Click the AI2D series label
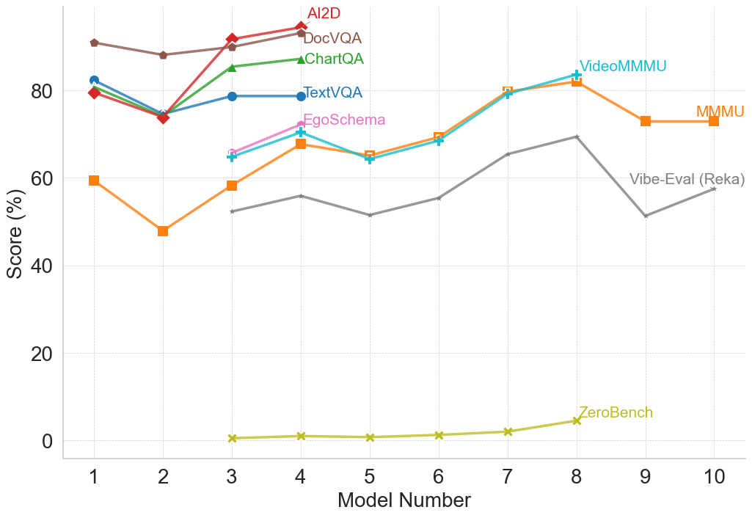(x=324, y=13)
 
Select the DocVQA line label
(x=332, y=38)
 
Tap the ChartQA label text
(x=333, y=59)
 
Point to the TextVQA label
(x=332, y=93)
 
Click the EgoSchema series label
(x=343, y=120)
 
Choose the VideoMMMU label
(x=622, y=67)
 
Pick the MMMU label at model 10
(x=720, y=112)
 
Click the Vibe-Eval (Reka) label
(x=687, y=180)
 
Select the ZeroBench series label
(x=616, y=413)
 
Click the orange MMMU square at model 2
(x=163, y=231)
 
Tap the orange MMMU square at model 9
(x=646, y=121)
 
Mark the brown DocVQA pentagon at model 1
(x=94, y=43)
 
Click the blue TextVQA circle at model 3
(x=232, y=96)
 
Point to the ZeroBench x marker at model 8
(x=577, y=420)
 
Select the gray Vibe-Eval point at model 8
(x=577, y=136)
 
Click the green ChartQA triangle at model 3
(x=232, y=68)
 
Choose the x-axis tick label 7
(x=508, y=476)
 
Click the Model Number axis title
(x=404, y=500)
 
